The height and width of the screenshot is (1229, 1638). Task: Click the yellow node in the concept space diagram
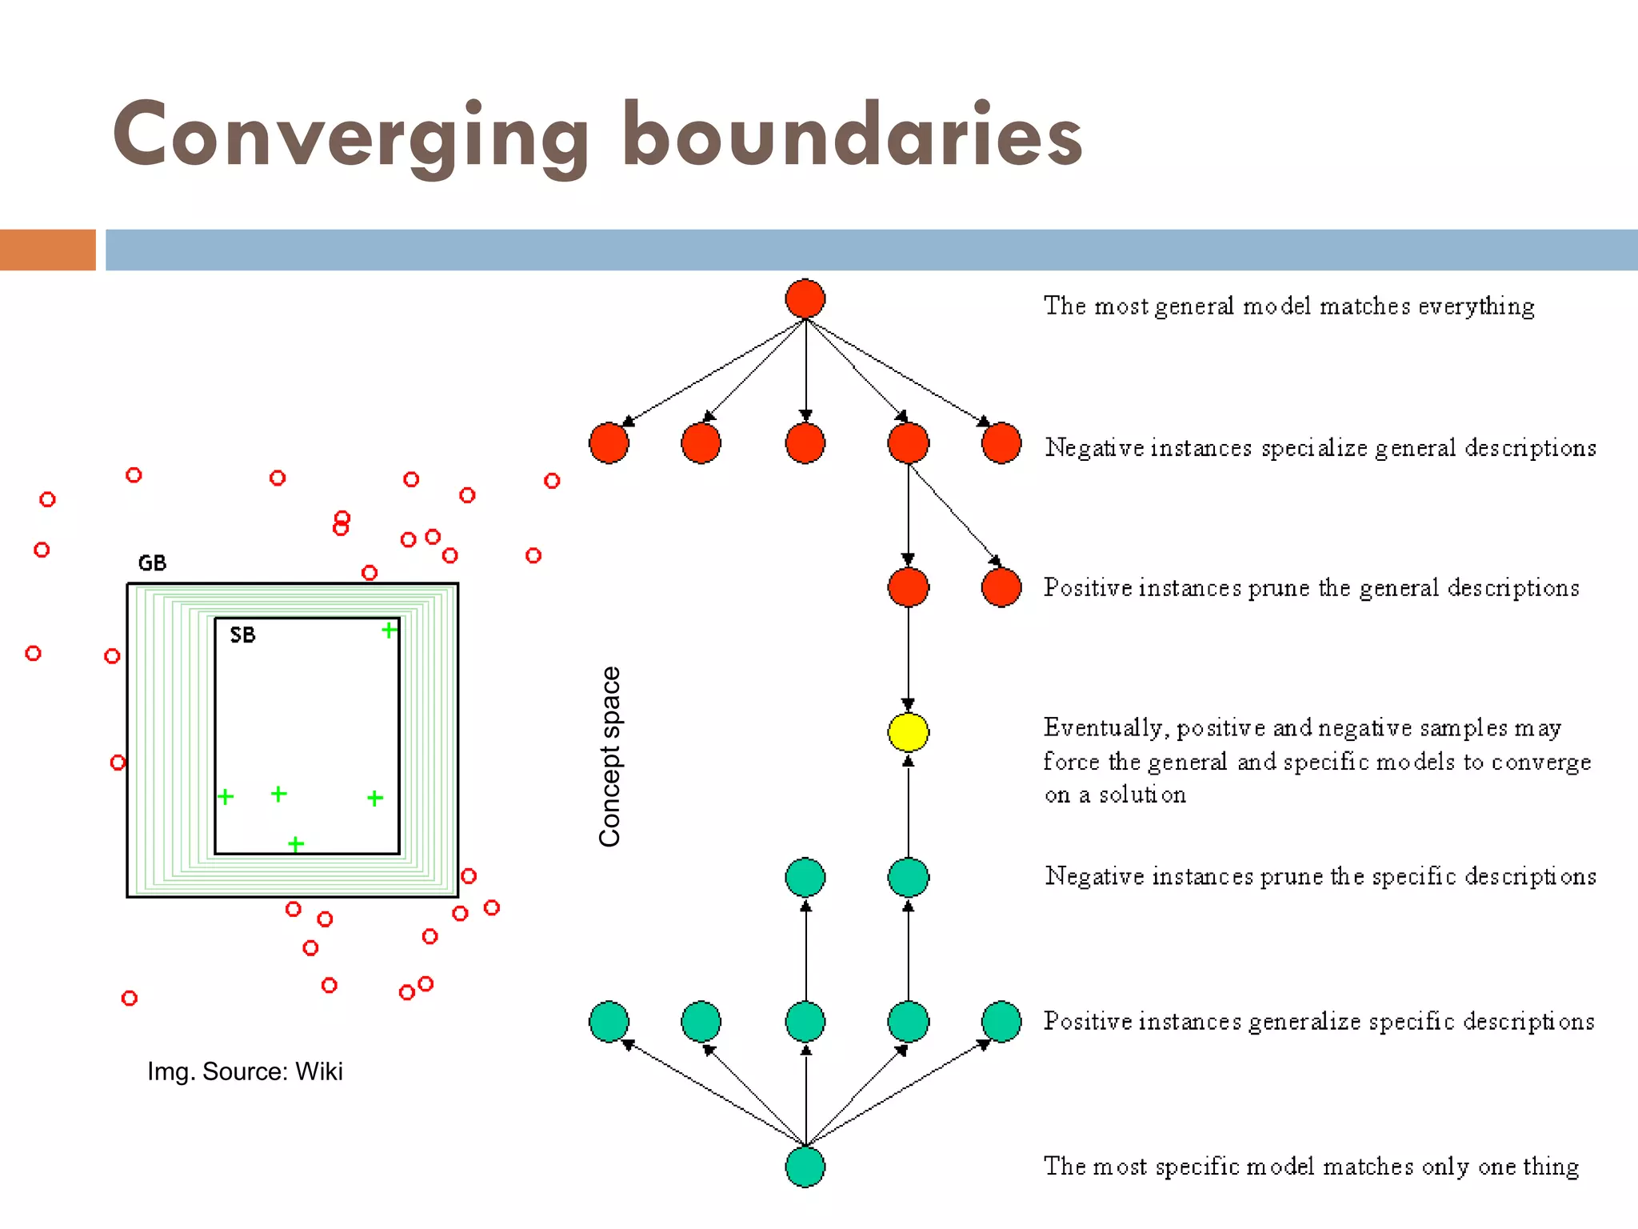[x=908, y=732]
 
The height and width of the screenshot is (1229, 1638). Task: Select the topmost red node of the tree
[x=805, y=298]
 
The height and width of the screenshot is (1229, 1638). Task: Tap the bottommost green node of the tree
[x=805, y=1167]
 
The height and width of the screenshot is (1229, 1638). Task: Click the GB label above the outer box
[x=152, y=563]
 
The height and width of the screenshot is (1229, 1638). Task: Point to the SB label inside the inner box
[x=242, y=635]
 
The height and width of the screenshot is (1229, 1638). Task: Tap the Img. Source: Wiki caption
[x=245, y=1071]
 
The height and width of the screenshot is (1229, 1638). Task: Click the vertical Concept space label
[x=609, y=756]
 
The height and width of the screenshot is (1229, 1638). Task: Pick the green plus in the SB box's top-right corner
[x=389, y=631]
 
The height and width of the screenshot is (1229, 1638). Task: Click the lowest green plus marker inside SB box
[x=296, y=844]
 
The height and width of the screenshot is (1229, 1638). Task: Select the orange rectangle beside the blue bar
[x=47, y=250]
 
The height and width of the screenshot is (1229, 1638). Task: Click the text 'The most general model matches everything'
[x=1288, y=306]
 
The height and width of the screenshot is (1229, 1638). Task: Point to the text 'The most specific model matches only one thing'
[x=1311, y=1167]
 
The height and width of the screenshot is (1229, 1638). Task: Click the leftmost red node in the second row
[x=609, y=443]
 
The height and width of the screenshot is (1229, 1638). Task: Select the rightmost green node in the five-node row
[x=1001, y=1022]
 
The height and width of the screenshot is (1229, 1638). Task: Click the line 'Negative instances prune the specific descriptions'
[x=1320, y=877]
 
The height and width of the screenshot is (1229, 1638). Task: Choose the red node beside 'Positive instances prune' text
[x=1001, y=588]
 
